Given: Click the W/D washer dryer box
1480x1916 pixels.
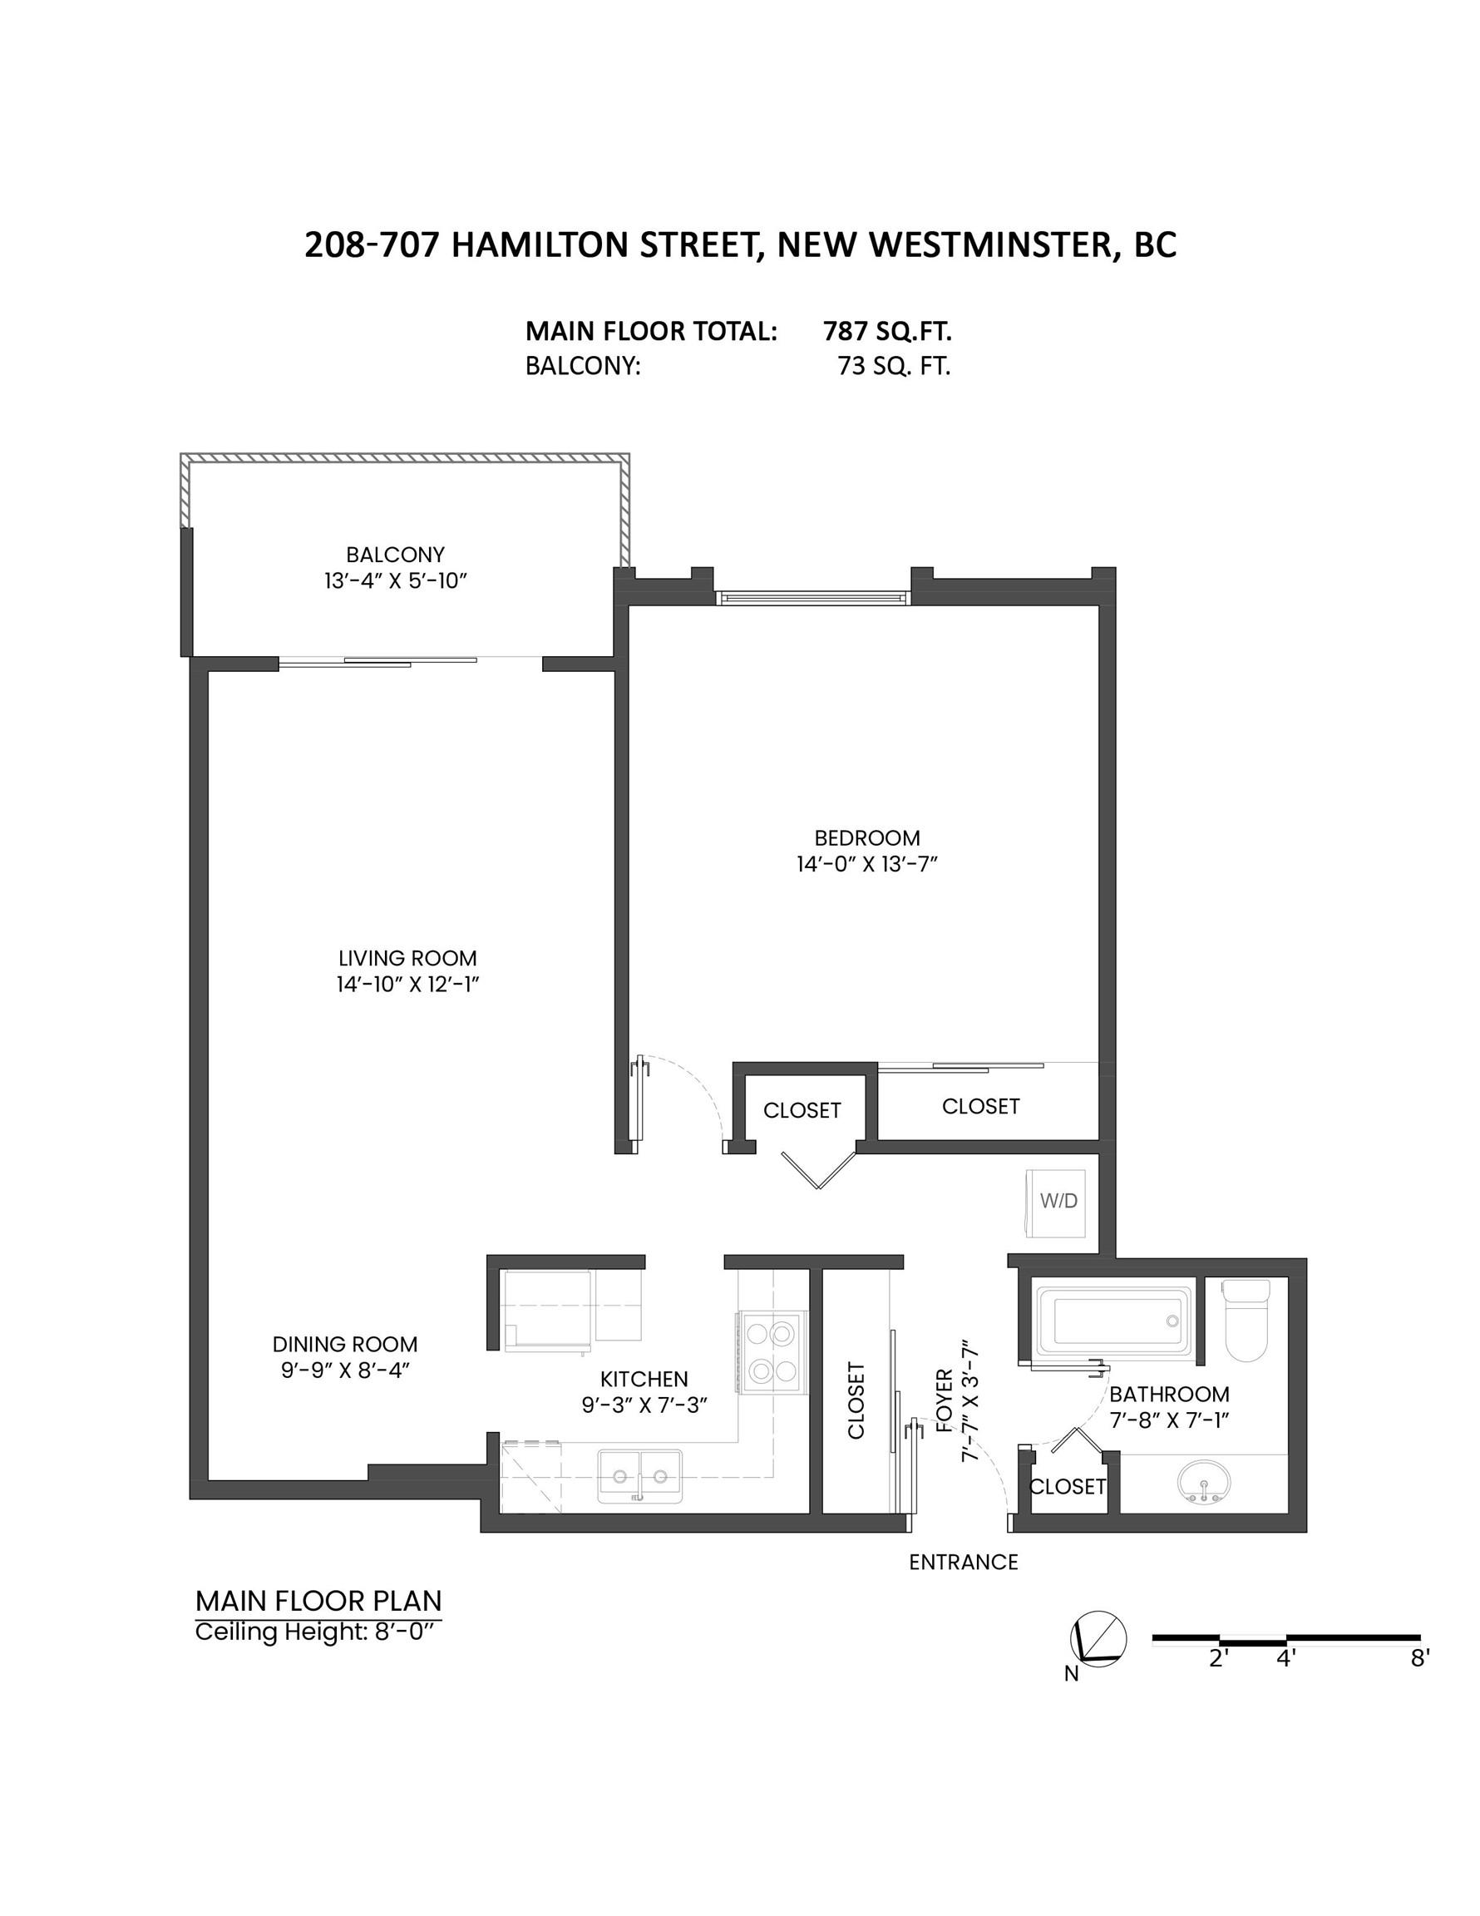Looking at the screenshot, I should click(x=1057, y=1202).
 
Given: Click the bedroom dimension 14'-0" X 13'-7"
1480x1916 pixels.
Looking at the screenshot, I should click(x=866, y=864).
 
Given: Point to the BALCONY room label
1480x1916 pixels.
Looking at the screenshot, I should click(x=395, y=555).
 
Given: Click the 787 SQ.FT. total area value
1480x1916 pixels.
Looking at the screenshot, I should click(x=887, y=332).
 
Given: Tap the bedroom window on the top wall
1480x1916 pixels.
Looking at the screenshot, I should click(x=812, y=597).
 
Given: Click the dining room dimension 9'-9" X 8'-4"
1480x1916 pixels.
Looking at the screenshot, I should click(x=345, y=1370).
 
